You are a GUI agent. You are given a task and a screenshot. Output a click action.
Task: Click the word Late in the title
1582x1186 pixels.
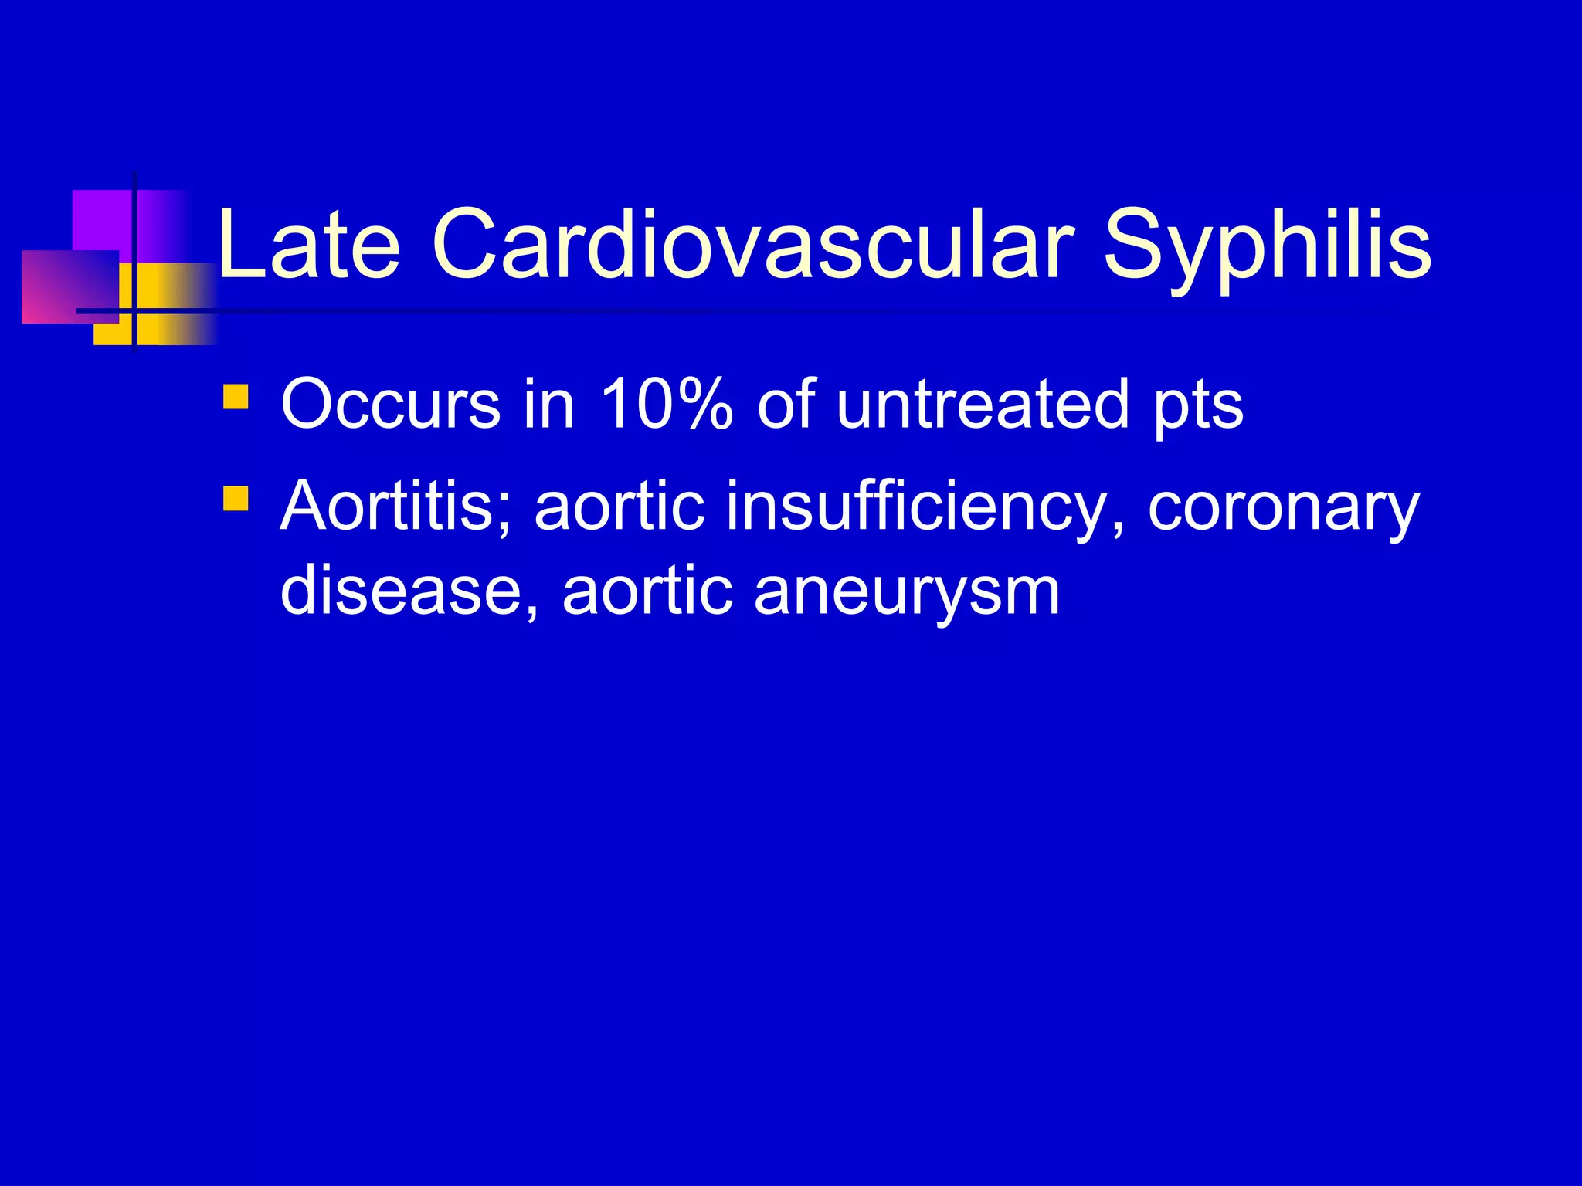pos(309,245)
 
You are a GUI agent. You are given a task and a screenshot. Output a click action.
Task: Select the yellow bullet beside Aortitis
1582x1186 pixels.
pos(235,498)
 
